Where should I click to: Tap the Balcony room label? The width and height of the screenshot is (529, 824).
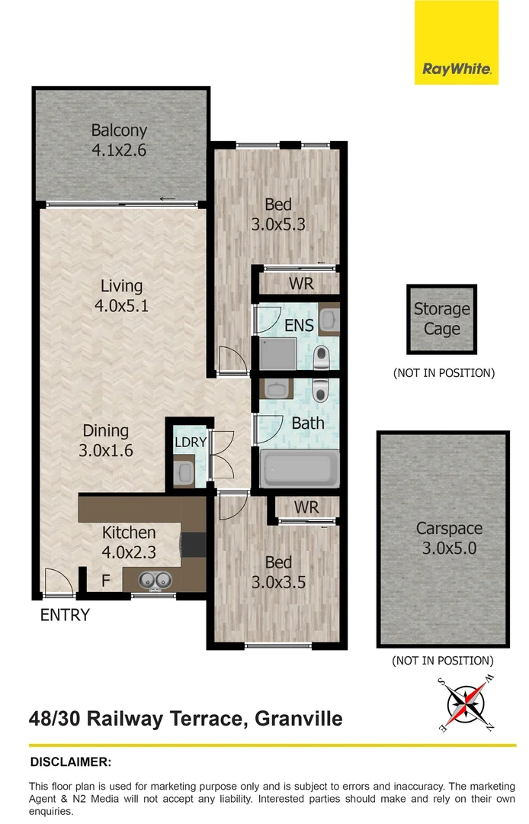[119, 140]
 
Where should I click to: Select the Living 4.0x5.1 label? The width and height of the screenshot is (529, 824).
[122, 295]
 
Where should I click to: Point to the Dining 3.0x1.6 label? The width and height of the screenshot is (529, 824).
[106, 440]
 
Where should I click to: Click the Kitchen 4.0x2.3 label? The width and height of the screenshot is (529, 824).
[129, 542]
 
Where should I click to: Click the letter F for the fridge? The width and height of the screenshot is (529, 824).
[106, 582]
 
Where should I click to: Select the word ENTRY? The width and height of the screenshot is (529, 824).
[65, 615]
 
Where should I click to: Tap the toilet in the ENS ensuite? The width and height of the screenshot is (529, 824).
[321, 354]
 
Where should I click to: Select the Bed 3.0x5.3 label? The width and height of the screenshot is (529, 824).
[278, 214]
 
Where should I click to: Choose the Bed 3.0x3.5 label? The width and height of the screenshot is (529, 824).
[278, 572]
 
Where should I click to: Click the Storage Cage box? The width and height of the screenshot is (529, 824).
[442, 319]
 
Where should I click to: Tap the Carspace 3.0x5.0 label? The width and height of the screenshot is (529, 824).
[449, 538]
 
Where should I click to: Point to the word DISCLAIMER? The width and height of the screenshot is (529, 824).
[71, 761]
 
